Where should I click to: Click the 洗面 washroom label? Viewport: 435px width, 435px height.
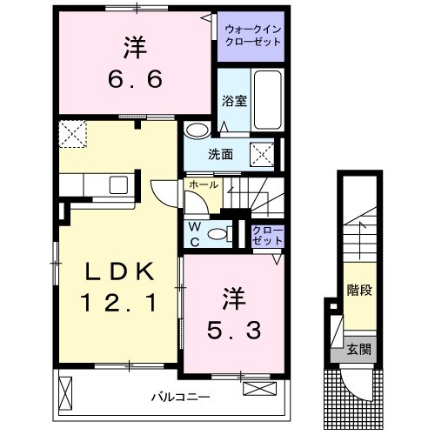pos(220,155)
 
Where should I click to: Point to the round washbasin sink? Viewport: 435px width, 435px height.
pos(197,130)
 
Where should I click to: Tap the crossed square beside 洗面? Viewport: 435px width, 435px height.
pos(264,154)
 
